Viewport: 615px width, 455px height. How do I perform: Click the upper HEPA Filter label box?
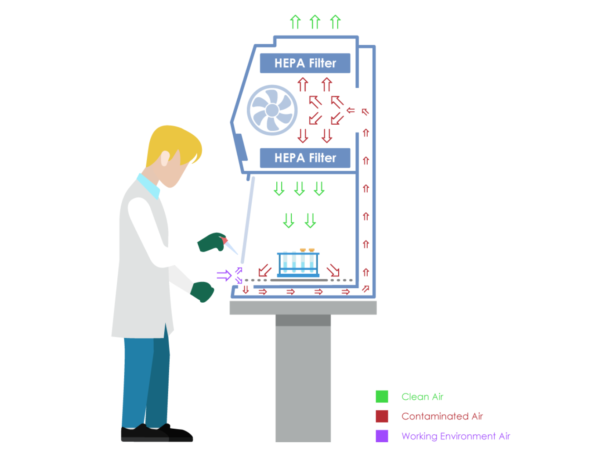pyautogui.click(x=305, y=63)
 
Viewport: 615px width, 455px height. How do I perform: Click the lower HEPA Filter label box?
pyautogui.click(x=305, y=158)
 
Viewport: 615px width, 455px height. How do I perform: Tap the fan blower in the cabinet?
pyautogui.click(x=272, y=110)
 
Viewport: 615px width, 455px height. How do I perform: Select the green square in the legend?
pyautogui.click(x=382, y=396)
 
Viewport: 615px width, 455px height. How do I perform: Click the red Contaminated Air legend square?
pyautogui.click(x=382, y=416)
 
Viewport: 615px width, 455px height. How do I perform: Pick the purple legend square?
pyautogui.click(x=382, y=436)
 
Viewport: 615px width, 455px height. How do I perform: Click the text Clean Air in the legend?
pyautogui.click(x=422, y=397)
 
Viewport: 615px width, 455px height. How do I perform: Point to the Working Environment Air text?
pyautogui.click(x=456, y=436)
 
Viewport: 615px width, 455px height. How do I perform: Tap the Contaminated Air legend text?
pyautogui.click(x=442, y=416)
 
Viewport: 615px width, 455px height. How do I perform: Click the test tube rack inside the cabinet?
pyautogui.click(x=299, y=263)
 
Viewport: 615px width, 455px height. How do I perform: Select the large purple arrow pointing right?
pyautogui.click(x=224, y=276)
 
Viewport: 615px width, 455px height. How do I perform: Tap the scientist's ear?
pyautogui.click(x=165, y=158)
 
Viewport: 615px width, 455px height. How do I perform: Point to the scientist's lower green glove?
pyautogui.click(x=203, y=291)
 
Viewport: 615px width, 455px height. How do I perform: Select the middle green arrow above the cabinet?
pyautogui.click(x=315, y=22)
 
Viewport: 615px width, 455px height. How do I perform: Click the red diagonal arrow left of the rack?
pyautogui.click(x=264, y=270)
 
